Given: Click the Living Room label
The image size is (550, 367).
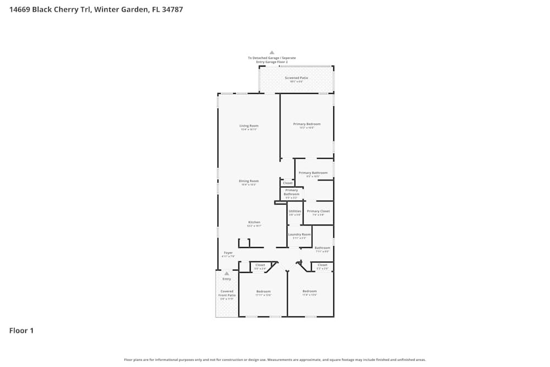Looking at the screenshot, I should [249, 126].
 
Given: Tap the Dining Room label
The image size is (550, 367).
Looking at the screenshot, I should [249, 181].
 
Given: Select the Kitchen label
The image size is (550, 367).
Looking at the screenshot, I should [254, 222].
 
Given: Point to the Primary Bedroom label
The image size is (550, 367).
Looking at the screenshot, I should [306, 124].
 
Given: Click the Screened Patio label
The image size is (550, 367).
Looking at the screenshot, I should [296, 78].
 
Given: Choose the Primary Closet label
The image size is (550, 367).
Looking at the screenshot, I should [318, 211].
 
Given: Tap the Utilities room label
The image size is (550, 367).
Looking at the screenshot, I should [295, 211].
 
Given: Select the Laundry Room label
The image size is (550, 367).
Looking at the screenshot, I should [299, 234].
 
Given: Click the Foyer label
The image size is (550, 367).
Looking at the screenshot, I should [228, 253].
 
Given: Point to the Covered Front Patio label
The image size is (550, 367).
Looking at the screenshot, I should [227, 293].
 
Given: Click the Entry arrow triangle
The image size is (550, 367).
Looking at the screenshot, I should [227, 273].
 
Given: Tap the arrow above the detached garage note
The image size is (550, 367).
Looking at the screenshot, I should [272, 52].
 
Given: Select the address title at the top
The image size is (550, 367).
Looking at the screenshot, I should [96, 9].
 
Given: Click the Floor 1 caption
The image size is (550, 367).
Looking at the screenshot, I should [21, 331].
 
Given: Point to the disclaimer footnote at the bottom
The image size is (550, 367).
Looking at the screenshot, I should [274, 360].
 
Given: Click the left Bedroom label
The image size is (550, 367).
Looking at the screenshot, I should [263, 292].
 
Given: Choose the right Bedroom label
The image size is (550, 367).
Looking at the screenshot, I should [310, 292].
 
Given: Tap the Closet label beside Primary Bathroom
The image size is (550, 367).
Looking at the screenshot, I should [288, 183].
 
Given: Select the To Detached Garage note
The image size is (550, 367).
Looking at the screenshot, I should [272, 60].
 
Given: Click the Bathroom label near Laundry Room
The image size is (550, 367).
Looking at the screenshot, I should [322, 248].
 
